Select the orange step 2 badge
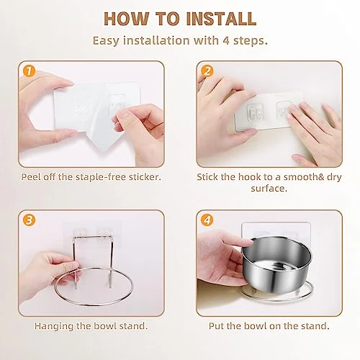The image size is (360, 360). pyautogui.click(x=208, y=71)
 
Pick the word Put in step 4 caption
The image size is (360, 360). pyautogui.click(x=216, y=325)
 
